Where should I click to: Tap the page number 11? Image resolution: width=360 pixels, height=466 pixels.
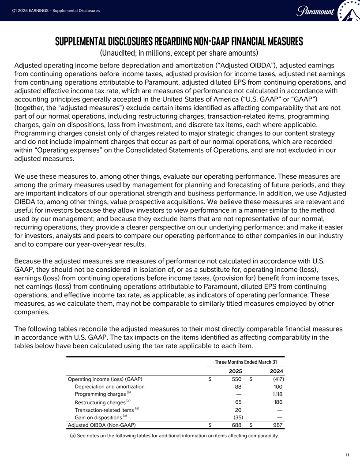pos(348,455)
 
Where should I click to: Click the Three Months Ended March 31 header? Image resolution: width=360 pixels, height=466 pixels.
pos(246,362)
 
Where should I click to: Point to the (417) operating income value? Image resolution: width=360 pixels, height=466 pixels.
pos(277,379)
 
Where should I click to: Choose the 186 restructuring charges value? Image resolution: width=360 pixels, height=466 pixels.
pos(278,402)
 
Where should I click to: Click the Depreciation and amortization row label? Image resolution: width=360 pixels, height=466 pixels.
pos(110,387)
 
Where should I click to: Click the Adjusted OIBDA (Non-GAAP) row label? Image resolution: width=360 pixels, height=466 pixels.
pos(101,425)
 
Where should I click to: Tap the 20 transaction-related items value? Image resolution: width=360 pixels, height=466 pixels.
pos(239,410)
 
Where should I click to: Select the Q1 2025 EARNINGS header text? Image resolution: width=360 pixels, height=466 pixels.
pos(55,11)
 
